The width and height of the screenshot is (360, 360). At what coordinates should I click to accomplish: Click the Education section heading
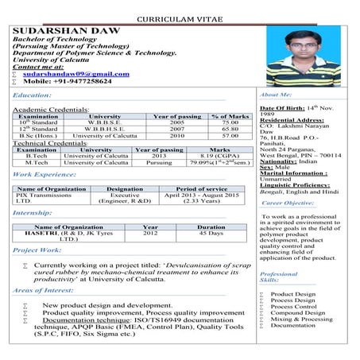coord(33,95)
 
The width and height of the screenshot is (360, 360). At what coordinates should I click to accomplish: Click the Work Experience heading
coord(45,174)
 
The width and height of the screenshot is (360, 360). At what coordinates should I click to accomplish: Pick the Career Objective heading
coord(287,203)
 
